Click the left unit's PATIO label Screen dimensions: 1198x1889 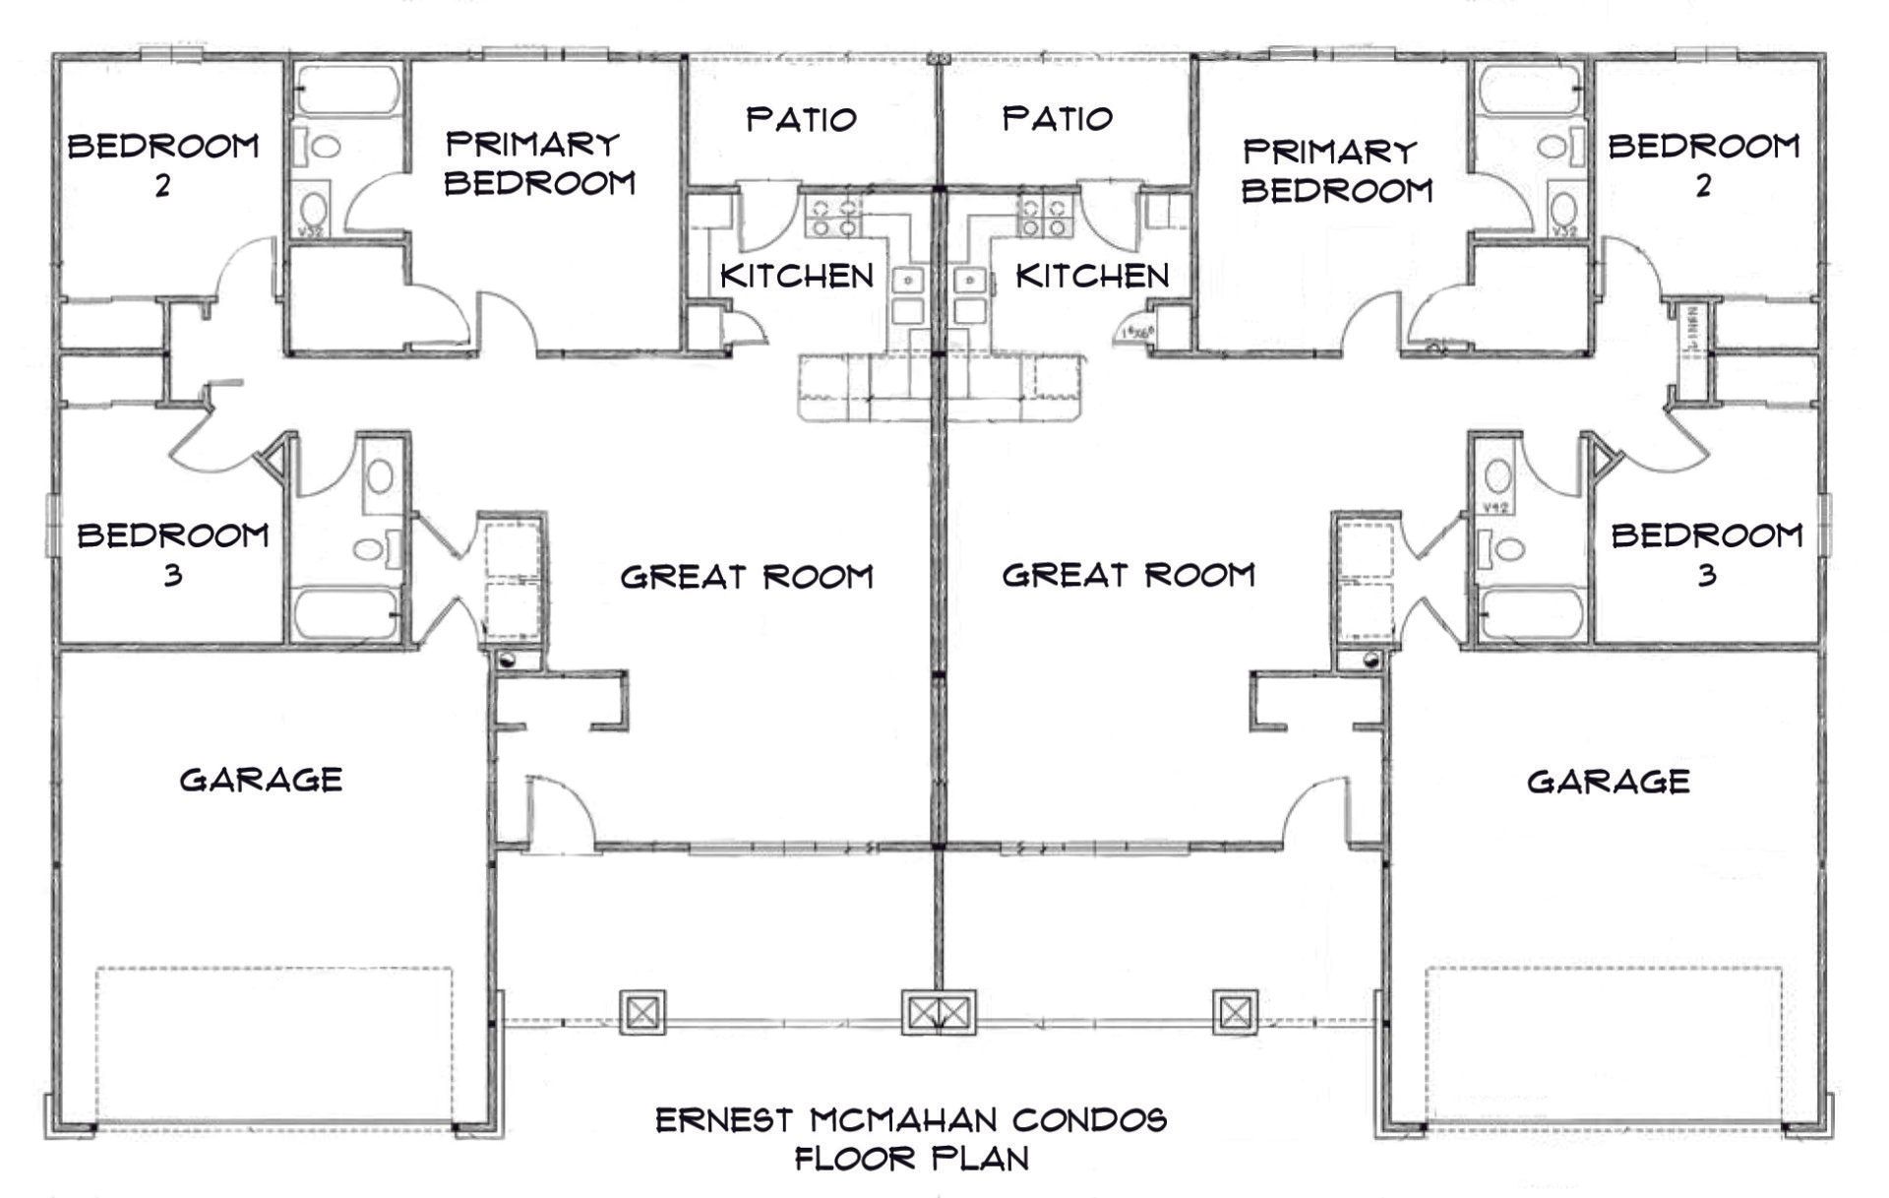point(801,119)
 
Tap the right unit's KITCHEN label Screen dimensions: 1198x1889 point(1092,276)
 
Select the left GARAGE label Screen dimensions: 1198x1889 point(261,780)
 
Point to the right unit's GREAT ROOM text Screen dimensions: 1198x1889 point(1128,575)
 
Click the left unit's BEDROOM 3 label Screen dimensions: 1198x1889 point(173,553)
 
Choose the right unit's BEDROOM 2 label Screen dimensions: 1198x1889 point(1703,163)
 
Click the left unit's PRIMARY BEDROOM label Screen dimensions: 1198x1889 point(539,163)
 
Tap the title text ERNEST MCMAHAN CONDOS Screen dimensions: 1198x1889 point(911,1119)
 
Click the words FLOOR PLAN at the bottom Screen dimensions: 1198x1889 point(911,1158)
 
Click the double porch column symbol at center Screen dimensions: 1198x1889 point(939,1012)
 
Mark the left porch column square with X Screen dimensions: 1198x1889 point(641,1012)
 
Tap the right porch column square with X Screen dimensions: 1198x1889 point(1235,1011)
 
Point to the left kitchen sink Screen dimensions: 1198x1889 point(907,282)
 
